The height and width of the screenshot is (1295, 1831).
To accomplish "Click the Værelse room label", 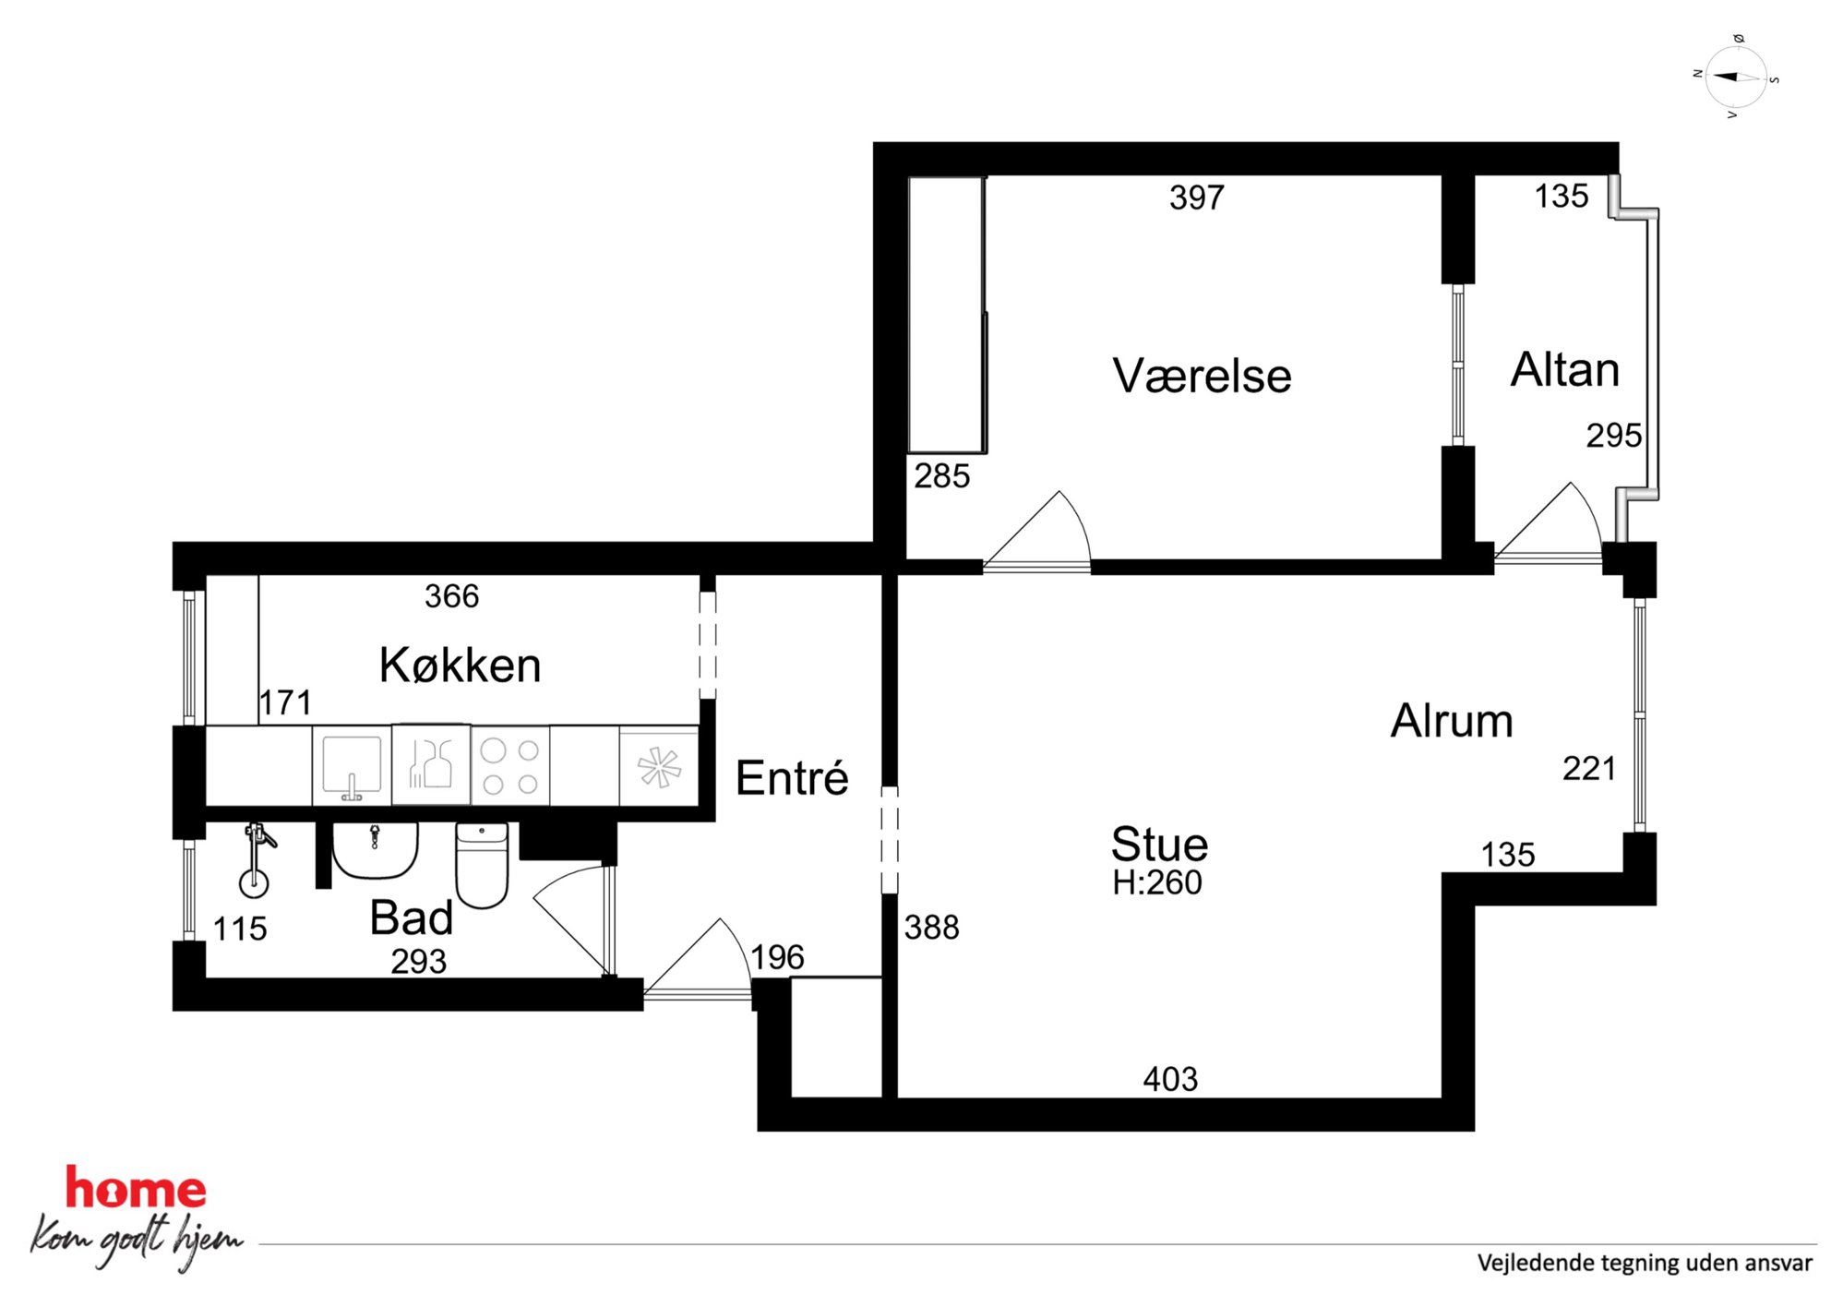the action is [x=1202, y=376].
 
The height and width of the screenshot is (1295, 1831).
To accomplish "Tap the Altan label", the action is [x=1564, y=369].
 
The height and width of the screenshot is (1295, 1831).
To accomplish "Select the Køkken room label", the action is [x=460, y=665].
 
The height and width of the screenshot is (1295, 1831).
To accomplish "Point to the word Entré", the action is [x=792, y=777].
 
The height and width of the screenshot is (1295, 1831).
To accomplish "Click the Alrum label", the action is [x=1452, y=721].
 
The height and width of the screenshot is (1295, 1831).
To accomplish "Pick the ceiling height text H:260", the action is [x=1157, y=882].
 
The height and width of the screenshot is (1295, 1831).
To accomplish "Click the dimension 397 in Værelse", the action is [x=1197, y=198].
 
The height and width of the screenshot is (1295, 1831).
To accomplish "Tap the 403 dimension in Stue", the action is [x=1170, y=1079].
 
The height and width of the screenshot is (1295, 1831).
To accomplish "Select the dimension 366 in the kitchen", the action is [x=451, y=596].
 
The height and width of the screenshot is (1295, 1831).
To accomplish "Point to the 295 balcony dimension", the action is [x=1614, y=436].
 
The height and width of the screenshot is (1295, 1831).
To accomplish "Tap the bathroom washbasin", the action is [x=375, y=850].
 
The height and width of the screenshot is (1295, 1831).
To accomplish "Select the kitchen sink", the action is [x=352, y=765].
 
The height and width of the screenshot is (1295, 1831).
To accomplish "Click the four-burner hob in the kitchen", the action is [x=510, y=766].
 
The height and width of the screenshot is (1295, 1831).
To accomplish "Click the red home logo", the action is [x=136, y=1189].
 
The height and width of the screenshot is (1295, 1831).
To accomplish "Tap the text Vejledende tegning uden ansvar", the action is [x=1645, y=1263].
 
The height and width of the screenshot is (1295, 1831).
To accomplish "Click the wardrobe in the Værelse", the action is [x=947, y=315].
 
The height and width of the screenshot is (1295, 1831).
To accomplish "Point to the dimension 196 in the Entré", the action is [x=777, y=957].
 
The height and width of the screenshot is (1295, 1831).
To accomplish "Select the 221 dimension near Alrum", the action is [x=1589, y=769].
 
